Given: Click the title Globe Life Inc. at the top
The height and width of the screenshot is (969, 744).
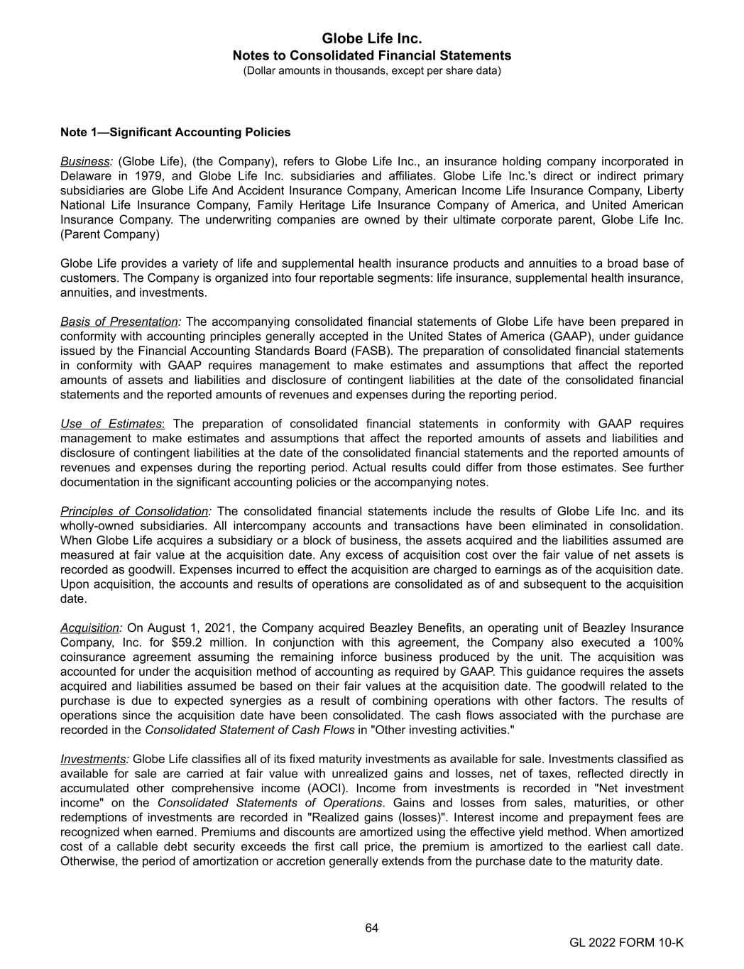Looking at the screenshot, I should (x=371, y=38).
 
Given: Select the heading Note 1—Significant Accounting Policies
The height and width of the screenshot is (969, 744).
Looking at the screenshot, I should (x=175, y=132).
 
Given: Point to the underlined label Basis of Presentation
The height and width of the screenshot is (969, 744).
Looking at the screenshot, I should (x=119, y=322).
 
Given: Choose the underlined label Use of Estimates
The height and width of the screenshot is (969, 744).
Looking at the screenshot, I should (x=111, y=424).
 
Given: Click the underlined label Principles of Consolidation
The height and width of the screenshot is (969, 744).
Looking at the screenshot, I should (x=134, y=511).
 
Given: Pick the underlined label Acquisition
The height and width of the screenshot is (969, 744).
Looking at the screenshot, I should (x=90, y=628).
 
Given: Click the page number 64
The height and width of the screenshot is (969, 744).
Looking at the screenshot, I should (x=371, y=928).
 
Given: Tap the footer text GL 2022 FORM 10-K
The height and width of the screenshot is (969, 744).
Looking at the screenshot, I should (x=626, y=943).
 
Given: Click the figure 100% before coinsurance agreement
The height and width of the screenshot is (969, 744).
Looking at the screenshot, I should (x=667, y=642).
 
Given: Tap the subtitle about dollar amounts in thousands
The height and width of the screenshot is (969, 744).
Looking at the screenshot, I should (x=371, y=71).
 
